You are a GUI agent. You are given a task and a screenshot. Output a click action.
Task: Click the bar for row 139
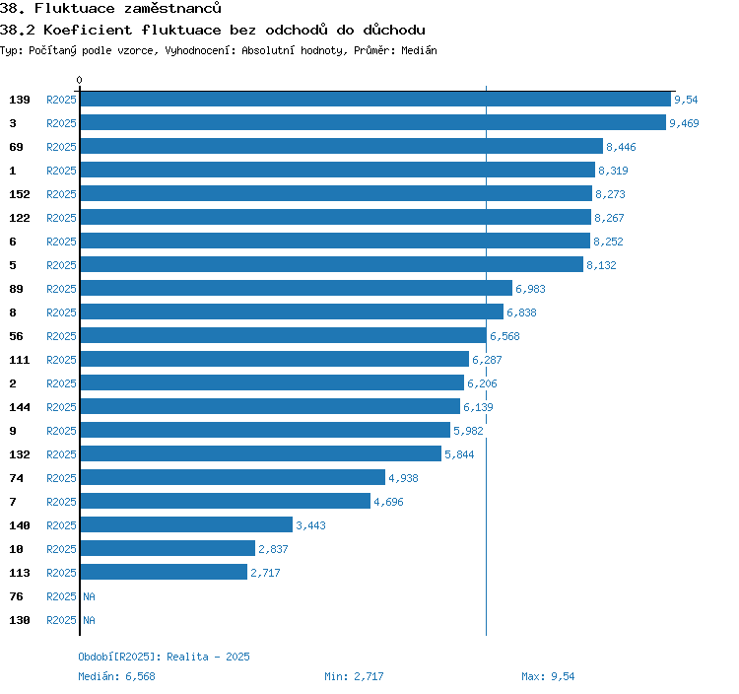pos(375,100)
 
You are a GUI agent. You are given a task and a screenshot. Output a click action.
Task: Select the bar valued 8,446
pos(341,147)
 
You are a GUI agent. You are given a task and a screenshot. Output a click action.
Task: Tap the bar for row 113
pos(164,573)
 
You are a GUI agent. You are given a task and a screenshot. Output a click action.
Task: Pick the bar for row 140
pos(186,525)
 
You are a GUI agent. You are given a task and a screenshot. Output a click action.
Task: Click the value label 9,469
pos(684,123)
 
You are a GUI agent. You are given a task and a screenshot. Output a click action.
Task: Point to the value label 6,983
pos(530,289)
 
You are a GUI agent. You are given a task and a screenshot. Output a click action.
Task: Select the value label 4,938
pos(404,478)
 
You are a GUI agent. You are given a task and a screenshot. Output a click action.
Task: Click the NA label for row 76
pos(89,596)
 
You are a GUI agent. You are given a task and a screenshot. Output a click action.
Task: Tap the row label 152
pos(20,194)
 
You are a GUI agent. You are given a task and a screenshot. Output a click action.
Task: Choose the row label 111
pos(20,360)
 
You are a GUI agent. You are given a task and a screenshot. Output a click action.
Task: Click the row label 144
pos(20,407)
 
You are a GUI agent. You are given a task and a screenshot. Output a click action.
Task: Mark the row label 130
pos(20,620)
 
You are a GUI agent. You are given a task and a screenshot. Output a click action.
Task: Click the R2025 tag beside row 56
pos(61,336)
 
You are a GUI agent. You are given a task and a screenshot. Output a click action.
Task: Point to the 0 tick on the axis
pos(80,81)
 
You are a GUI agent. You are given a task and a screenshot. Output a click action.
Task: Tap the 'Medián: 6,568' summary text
pos(116,676)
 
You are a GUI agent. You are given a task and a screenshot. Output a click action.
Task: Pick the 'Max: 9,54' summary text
pos(548,676)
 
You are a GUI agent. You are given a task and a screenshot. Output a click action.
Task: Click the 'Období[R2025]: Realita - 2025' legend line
pos(164,657)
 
